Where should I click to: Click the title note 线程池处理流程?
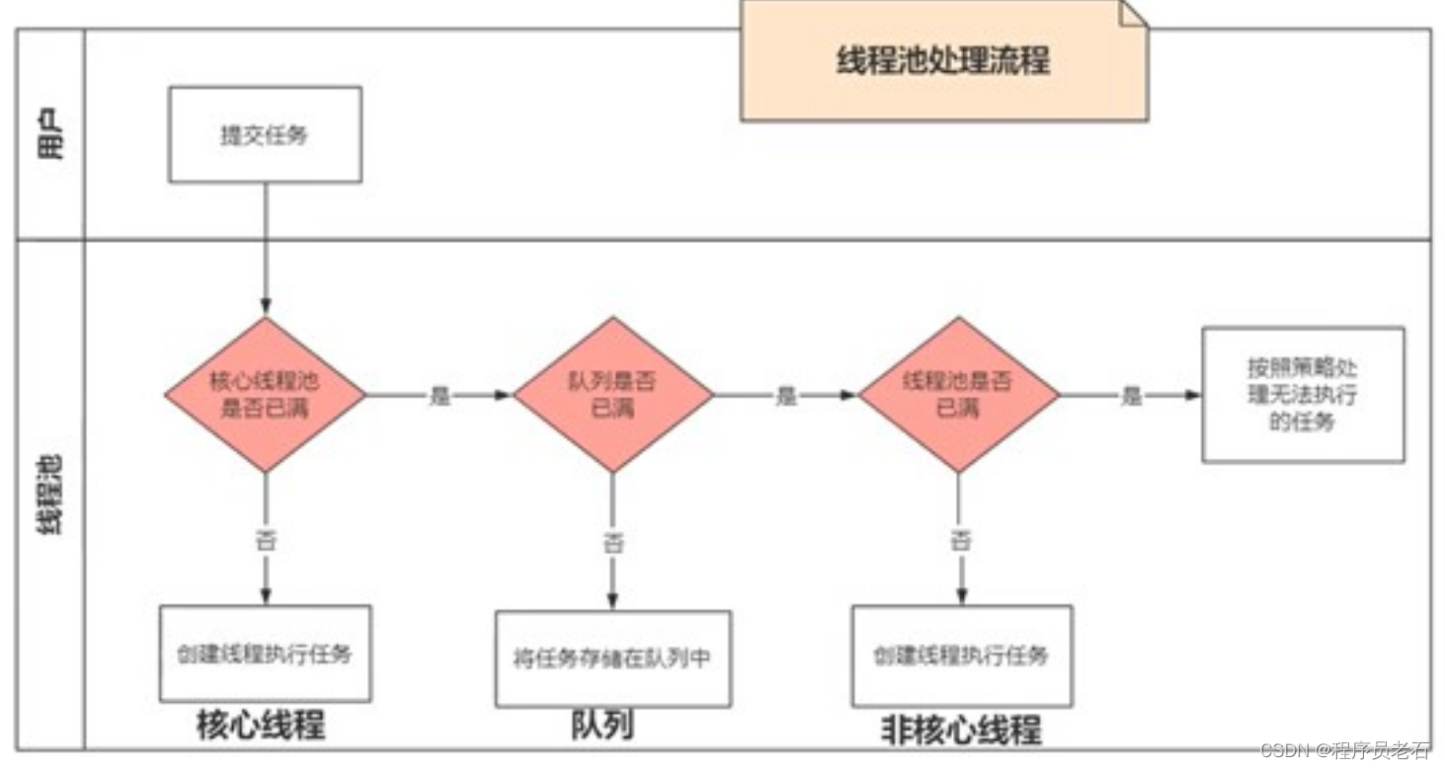tap(943, 61)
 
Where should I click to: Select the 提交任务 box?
tap(265, 134)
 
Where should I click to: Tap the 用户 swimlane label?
tap(51, 134)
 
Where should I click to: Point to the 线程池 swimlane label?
tap(51, 494)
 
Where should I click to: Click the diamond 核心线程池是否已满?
tap(265, 395)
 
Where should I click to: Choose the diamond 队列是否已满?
tap(612, 395)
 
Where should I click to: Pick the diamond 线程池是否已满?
tap(959, 395)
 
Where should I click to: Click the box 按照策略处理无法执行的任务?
tap(1303, 395)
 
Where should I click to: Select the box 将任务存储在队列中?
tap(612, 658)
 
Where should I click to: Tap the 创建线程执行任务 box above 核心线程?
tap(265, 654)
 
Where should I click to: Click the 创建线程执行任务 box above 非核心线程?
tap(961, 655)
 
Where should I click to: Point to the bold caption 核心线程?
tap(261, 725)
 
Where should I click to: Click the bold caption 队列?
tap(602, 725)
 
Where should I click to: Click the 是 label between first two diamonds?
tap(440, 396)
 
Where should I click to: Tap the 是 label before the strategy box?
tap(1131, 396)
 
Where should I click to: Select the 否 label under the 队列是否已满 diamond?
tap(612, 542)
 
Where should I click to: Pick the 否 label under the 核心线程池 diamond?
tap(265, 540)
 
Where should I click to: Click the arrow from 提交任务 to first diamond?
tap(265, 247)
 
